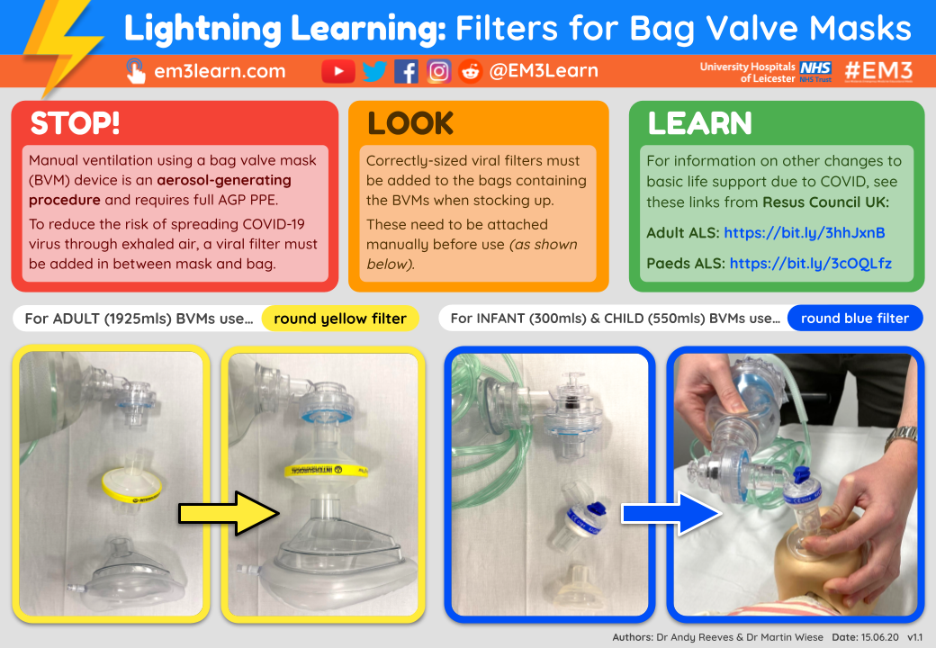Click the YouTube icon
(x=338, y=71)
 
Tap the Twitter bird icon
(x=374, y=71)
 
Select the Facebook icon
(x=406, y=71)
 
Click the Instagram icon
(x=438, y=71)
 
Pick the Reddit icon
(x=470, y=71)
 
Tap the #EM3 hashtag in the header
(x=878, y=71)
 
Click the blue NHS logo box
(x=815, y=67)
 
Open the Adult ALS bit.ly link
(x=804, y=233)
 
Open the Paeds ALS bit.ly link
(x=810, y=264)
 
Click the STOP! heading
(x=75, y=123)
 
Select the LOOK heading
(x=410, y=123)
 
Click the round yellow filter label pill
(x=340, y=319)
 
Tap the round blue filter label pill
(x=854, y=319)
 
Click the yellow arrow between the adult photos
(x=229, y=512)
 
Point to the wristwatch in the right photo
(x=900, y=439)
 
